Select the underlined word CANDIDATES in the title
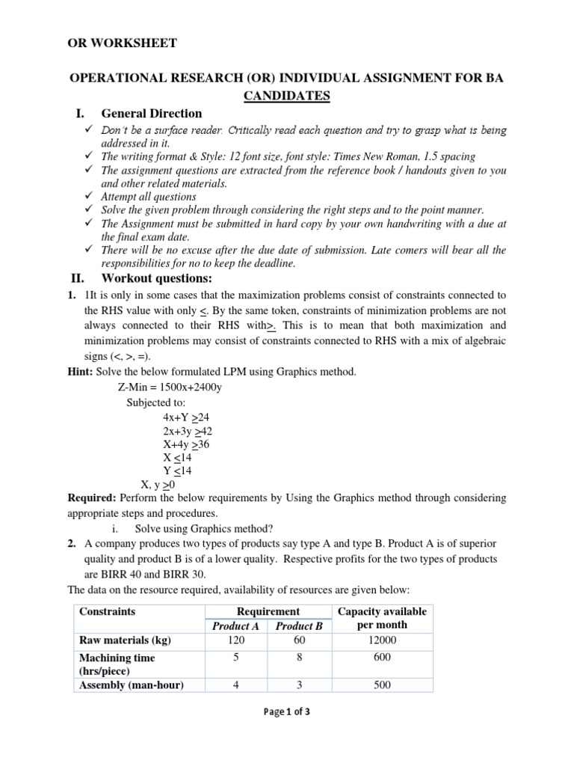(287, 96)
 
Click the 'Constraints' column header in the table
(108, 611)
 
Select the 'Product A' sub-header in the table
(235, 626)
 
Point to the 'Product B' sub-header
(299, 626)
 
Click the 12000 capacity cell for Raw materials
(382, 640)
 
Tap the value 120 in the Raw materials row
(235, 640)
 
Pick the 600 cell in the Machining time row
(382, 657)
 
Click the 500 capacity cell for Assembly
(382, 685)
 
